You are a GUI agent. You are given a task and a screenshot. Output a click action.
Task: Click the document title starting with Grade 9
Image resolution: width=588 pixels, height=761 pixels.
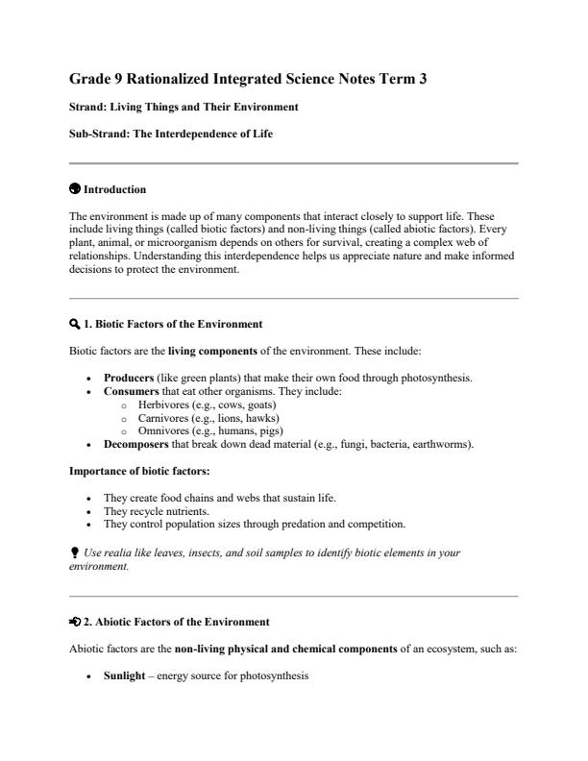coord(248,81)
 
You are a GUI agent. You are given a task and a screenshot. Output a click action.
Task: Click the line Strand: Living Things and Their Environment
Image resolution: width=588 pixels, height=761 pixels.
coord(184,107)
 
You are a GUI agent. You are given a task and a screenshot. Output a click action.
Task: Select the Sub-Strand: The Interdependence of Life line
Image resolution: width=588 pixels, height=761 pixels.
coord(171,135)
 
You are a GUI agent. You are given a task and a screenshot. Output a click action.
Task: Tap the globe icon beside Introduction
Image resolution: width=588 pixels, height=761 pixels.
coord(76,190)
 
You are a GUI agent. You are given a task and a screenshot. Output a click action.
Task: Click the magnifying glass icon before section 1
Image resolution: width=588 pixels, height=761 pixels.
coord(76,325)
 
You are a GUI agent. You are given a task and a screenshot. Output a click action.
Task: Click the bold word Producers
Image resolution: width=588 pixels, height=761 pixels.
coord(129,378)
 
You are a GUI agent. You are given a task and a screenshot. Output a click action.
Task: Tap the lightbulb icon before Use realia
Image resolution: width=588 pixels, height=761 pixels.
coord(75,551)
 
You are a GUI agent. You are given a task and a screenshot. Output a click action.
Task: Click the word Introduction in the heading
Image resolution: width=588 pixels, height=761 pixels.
coord(115,190)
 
